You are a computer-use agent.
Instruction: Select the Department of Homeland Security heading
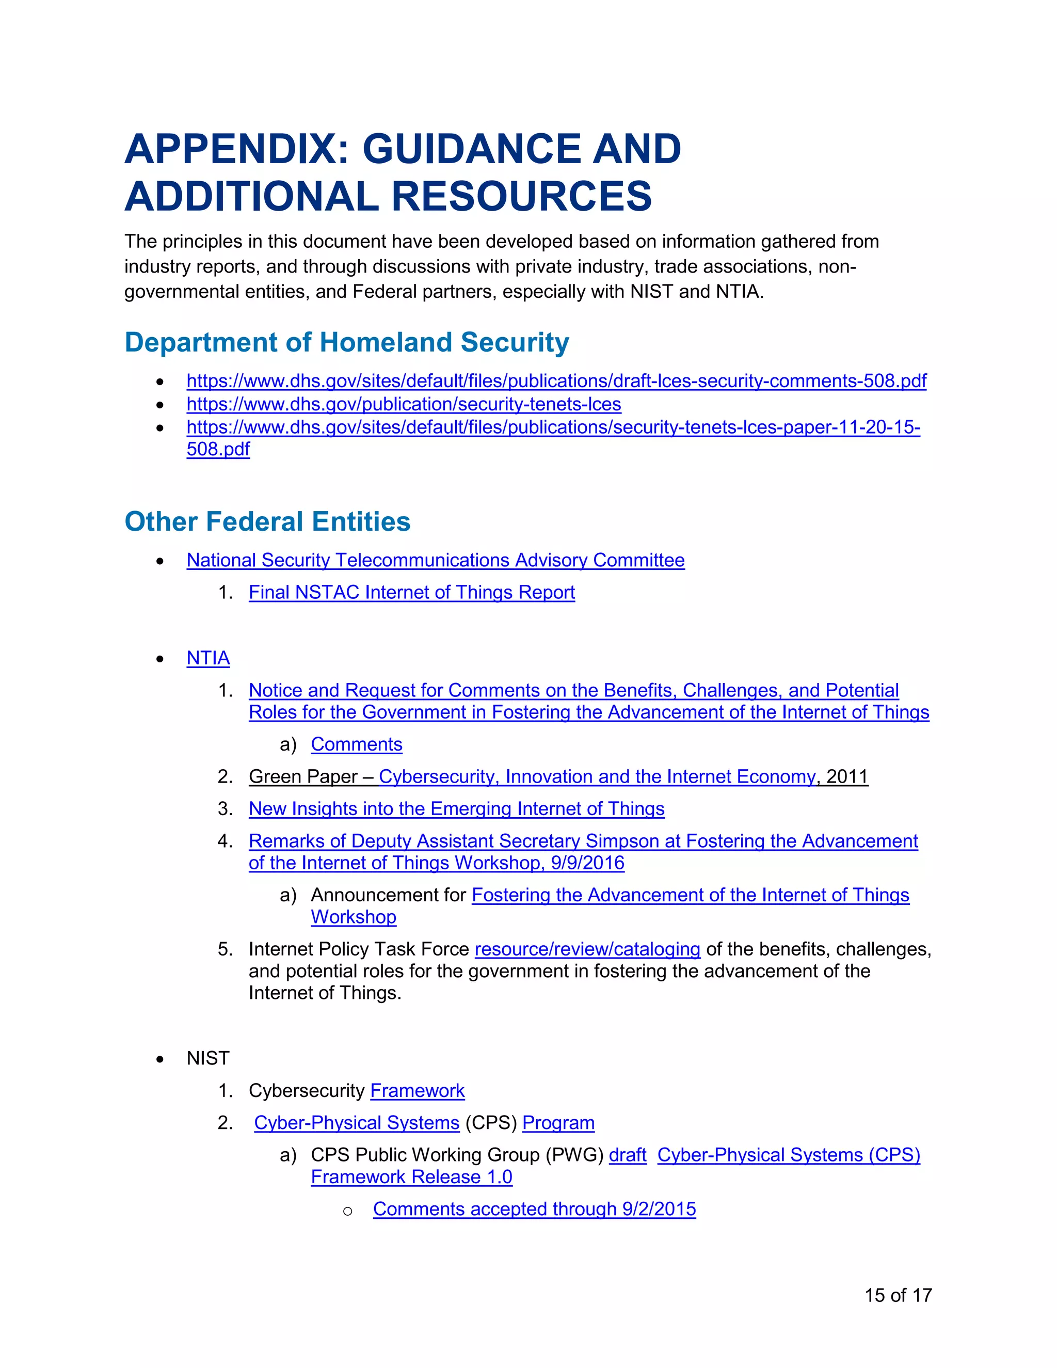pyautogui.click(x=346, y=343)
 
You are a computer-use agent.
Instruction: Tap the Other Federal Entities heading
pyautogui.click(x=267, y=522)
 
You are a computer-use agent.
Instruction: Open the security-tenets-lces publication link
pyautogui.click(x=403, y=405)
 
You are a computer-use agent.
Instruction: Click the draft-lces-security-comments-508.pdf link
pyautogui.click(x=556, y=381)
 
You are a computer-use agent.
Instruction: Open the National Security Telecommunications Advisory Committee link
pyautogui.click(x=435, y=560)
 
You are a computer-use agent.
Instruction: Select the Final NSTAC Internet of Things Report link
pyautogui.click(x=411, y=593)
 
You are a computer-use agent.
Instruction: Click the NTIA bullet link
pyautogui.click(x=208, y=658)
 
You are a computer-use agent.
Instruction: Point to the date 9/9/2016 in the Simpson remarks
pyautogui.click(x=587, y=863)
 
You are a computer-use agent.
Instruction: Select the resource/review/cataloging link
pyautogui.click(x=587, y=949)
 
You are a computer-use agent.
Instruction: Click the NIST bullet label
pyautogui.click(x=208, y=1059)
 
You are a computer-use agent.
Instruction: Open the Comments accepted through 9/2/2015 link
pyautogui.click(x=534, y=1209)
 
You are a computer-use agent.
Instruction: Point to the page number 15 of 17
pyautogui.click(x=898, y=1295)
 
